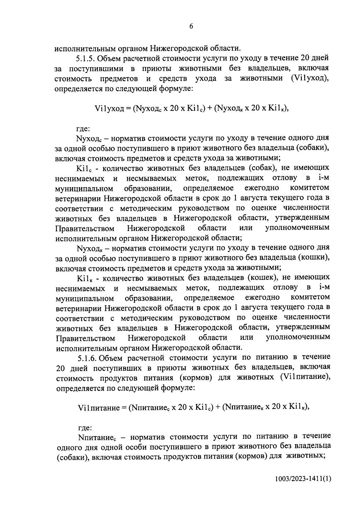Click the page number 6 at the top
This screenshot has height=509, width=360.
(x=191, y=26)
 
